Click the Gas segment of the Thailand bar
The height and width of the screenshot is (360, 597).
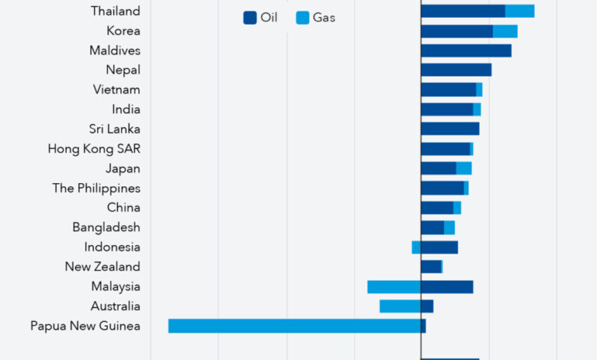(x=520, y=11)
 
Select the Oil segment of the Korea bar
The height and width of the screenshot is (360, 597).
(x=456, y=31)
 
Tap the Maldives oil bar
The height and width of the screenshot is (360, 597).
(x=466, y=51)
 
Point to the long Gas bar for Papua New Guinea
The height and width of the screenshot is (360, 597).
(x=295, y=326)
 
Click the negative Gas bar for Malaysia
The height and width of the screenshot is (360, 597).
(x=394, y=286)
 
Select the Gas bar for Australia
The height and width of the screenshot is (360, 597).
(x=400, y=306)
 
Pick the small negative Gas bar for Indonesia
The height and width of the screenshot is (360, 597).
(x=416, y=247)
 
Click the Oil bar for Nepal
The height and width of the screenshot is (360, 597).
(x=456, y=70)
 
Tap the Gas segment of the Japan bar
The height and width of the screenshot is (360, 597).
(x=464, y=169)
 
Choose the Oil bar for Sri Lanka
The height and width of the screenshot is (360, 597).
(x=450, y=129)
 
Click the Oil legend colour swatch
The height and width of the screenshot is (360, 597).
(x=250, y=18)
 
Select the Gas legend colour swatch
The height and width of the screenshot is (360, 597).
(x=302, y=18)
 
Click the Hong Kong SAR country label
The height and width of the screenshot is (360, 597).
(x=94, y=149)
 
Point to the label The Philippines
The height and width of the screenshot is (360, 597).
(x=96, y=188)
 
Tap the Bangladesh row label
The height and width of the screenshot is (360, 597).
(x=106, y=227)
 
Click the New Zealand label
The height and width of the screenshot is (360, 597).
(x=103, y=267)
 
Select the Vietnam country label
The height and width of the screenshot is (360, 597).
(x=116, y=90)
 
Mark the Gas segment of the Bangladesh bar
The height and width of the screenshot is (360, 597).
(x=449, y=227)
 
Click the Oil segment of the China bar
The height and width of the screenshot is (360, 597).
(x=437, y=208)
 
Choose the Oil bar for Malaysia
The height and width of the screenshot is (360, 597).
(x=447, y=286)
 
